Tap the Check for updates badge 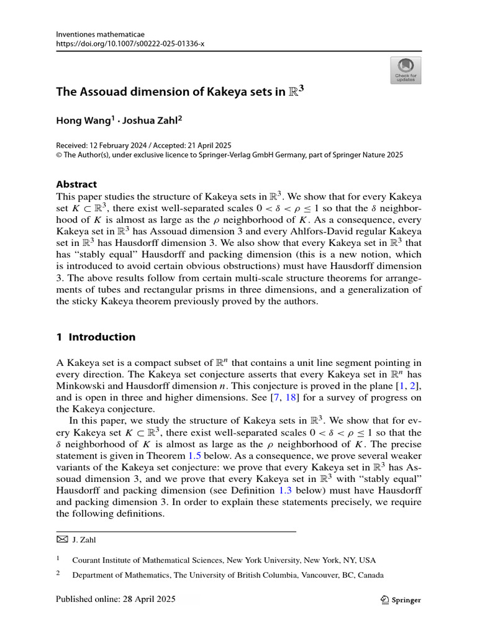click(x=406, y=70)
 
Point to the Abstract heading click(x=76, y=184)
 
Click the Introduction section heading click(x=101, y=337)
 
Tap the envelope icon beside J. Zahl click(x=61, y=540)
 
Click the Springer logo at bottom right click(x=400, y=599)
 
